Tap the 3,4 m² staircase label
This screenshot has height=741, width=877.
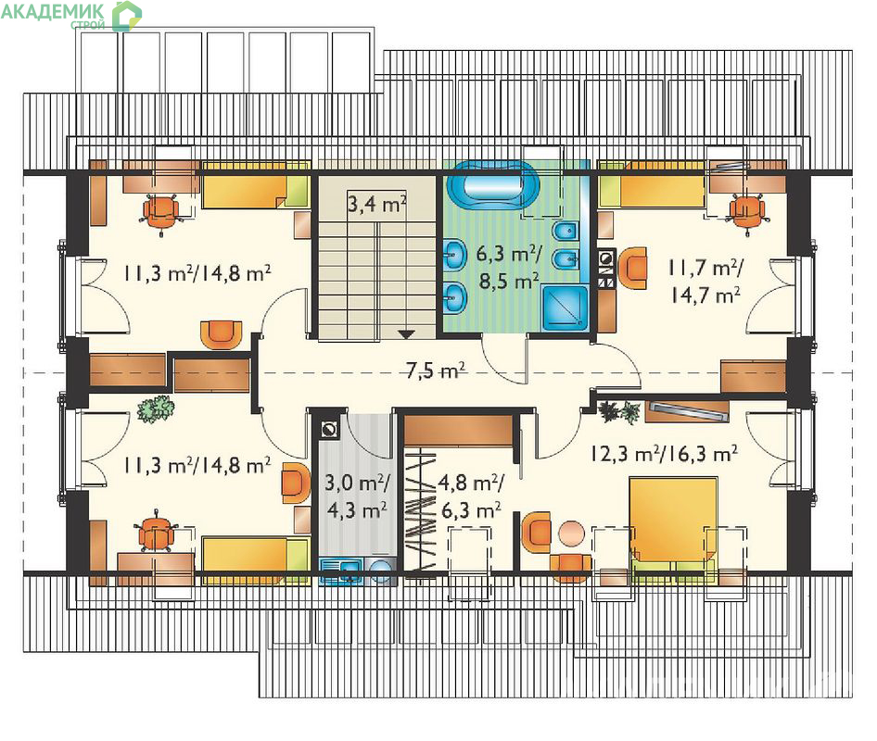(x=377, y=204)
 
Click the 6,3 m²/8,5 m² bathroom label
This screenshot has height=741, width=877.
(x=508, y=268)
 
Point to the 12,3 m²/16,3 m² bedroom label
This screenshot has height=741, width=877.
(x=664, y=453)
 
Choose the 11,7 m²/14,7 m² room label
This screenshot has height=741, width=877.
(x=705, y=281)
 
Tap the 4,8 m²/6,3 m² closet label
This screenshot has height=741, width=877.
(x=470, y=496)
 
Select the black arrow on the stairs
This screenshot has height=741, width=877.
(x=406, y=334)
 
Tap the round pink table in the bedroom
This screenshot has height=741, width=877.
(x=571, y=534)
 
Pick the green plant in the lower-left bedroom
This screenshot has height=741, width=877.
(x=156, y=408)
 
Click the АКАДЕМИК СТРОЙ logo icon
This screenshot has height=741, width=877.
(x=126, y=16)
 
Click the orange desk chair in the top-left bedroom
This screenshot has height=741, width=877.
(x=161, y=212)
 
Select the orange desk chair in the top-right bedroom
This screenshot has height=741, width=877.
(x=747, y=213)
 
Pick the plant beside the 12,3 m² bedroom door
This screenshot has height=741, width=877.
(x=619, y=412)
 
